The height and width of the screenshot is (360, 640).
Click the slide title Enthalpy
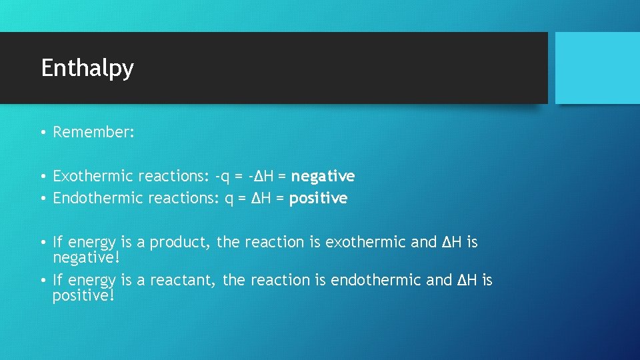click(x=87, y=69)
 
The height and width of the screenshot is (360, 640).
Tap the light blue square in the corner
click(x=597, y=68)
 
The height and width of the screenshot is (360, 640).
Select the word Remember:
click(x=94, y=132)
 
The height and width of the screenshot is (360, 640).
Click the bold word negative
click(x=323, y=176)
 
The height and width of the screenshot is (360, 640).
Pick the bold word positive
click(x=318, y=198)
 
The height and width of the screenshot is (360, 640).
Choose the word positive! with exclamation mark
click(x=83, y=295)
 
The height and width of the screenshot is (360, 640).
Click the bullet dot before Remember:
click(x=41, y=133)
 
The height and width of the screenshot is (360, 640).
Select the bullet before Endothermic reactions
click(x=41, y=199)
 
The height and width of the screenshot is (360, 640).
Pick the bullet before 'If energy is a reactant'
click(x=41, y=281)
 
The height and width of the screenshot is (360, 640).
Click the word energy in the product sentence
click(x=91, y=243)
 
